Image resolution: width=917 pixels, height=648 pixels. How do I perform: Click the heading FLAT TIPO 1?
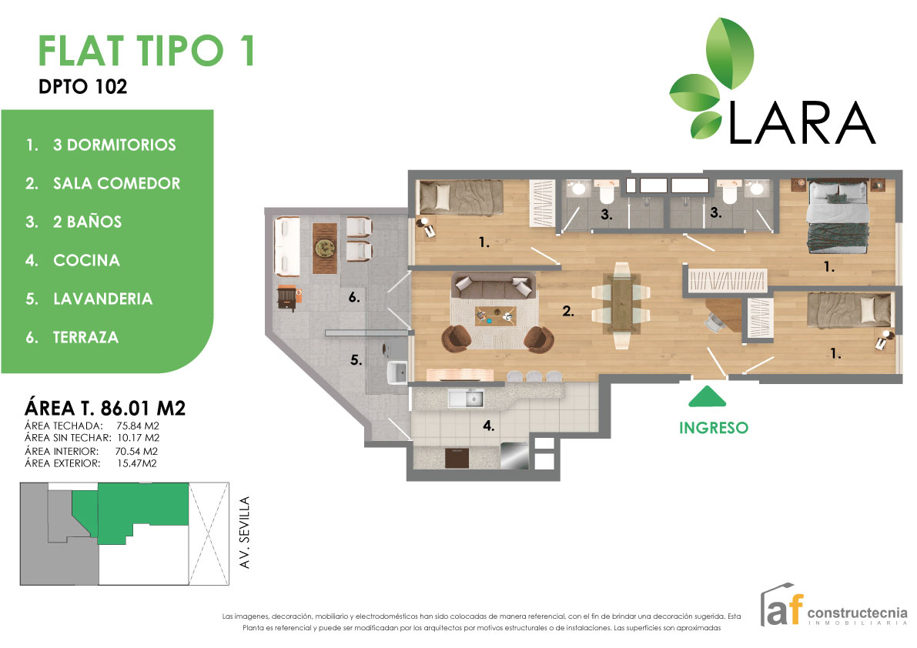point(146,52)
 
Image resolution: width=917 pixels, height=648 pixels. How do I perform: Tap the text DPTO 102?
point(82,87)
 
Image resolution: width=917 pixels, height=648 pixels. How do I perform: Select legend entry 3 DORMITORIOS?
point(114,145)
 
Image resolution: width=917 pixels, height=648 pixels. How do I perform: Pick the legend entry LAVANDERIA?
point(102,299)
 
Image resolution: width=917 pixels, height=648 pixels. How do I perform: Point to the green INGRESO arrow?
point(707,396)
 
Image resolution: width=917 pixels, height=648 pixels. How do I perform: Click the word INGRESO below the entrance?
point(713,427)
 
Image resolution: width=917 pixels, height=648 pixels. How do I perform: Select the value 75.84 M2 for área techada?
point(138,425)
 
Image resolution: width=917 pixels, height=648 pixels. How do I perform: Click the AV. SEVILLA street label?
point(246,533)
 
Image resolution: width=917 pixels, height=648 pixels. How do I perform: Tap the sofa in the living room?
point(493,286)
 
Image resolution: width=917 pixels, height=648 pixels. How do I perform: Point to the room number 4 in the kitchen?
point(487,425)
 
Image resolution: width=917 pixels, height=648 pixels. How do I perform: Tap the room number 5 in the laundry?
point(356,359)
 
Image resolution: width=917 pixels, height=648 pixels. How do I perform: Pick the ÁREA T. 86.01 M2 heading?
point(105,407)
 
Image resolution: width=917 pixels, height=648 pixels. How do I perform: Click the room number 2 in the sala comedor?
point(568,312)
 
